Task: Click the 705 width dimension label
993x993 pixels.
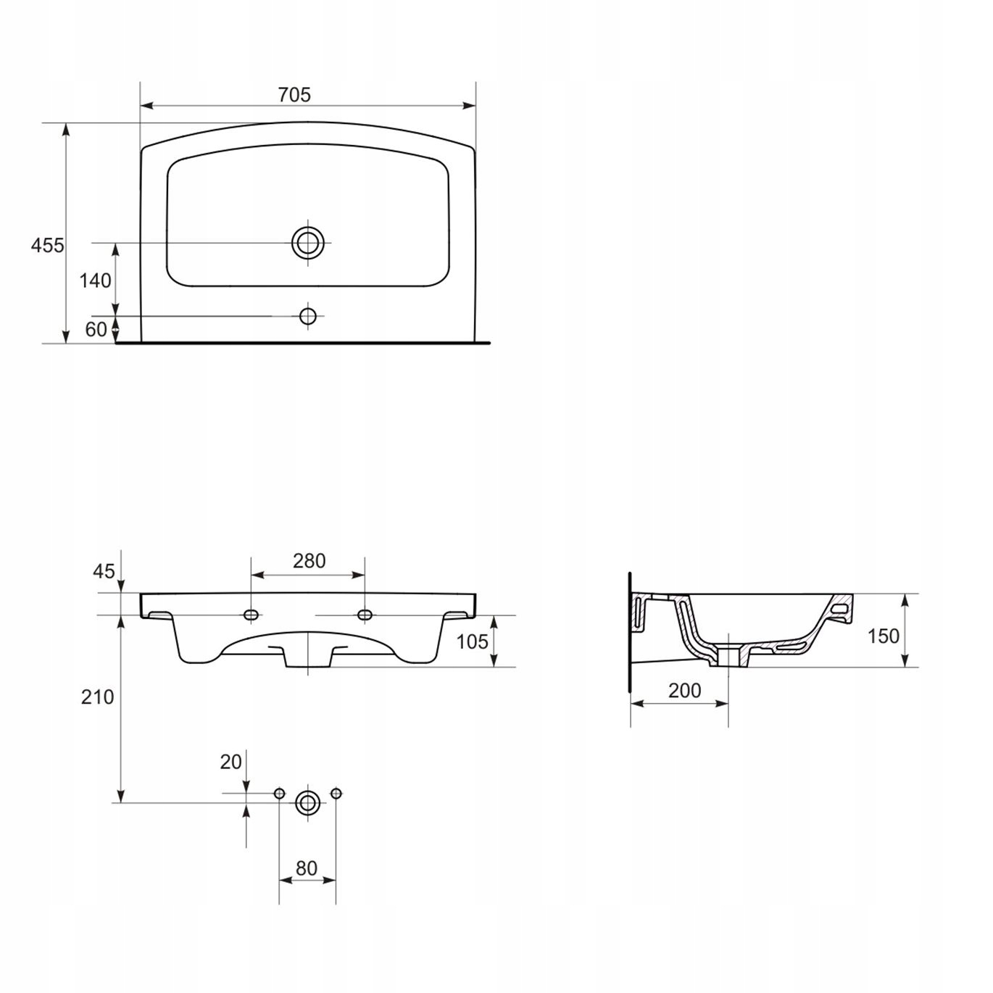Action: point(294,95)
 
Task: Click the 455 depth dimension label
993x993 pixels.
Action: point(47,245)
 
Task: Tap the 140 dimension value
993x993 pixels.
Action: point(95,281)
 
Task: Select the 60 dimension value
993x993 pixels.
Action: point(96,329)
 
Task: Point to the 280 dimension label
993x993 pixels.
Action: point(309,561)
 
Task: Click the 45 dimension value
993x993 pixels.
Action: point(104,571)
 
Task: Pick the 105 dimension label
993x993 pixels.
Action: point(472,641)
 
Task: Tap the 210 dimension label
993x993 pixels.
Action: point(97,697)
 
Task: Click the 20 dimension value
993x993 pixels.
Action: point(230,762)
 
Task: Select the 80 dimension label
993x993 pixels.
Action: point(307,869)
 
